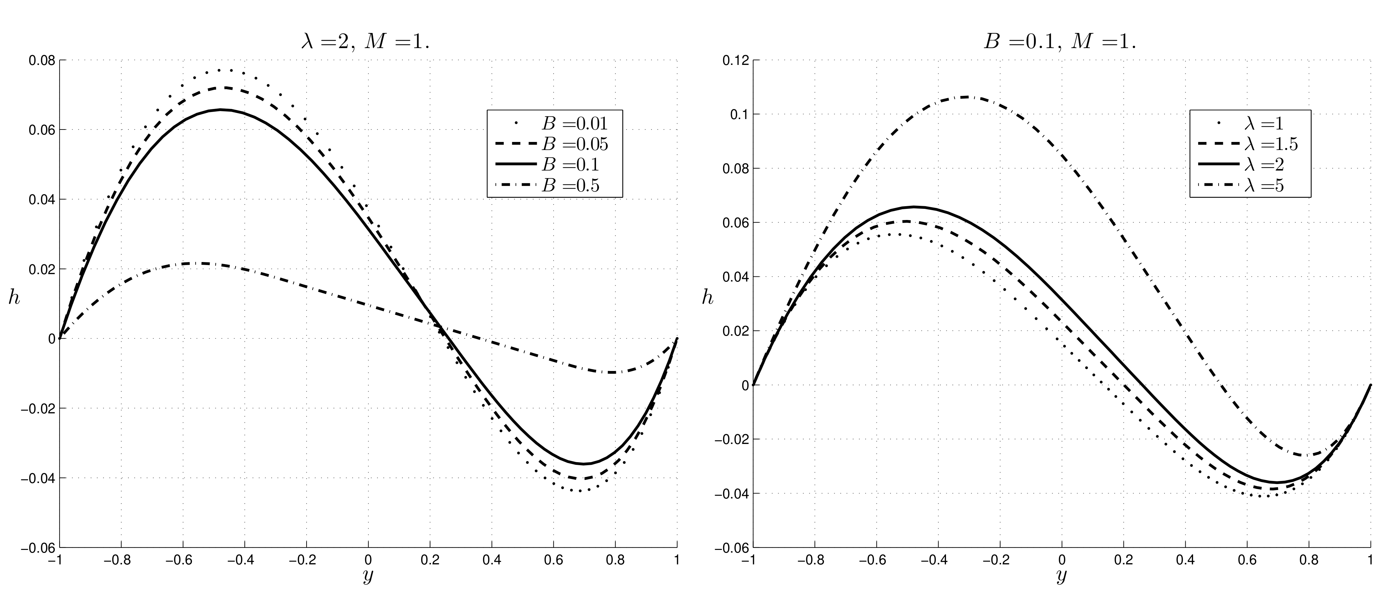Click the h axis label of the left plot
[14, 297]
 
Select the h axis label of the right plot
[708, 297]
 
